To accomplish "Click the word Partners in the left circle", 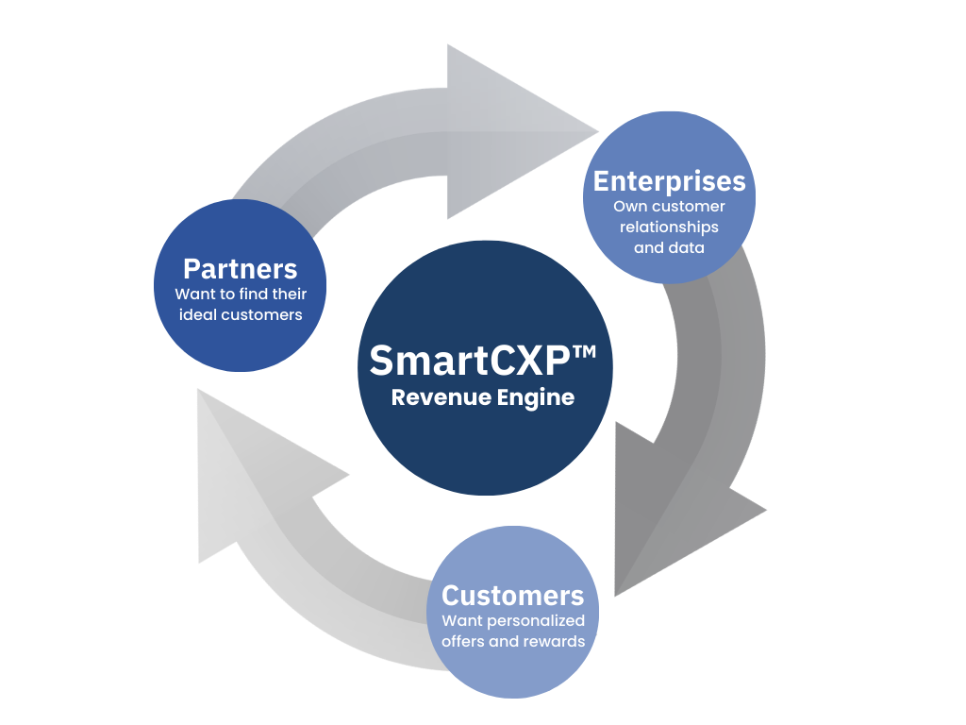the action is click(x=240, y=269).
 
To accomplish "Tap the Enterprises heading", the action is click(x=669, y=181).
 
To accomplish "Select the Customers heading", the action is click(x=512, y=596).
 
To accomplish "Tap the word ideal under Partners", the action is click(x=197, y=314).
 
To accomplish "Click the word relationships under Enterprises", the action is click(x=669, y=228).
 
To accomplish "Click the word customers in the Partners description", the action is click(x=261, y=314).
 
